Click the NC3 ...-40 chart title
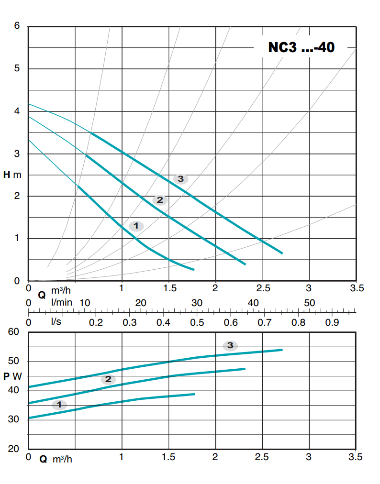(x=301, y=48)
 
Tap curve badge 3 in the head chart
(x=180, y=179)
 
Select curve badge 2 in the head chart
(x=160, y=200)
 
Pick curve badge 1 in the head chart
(x=136, y=226)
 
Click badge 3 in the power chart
(x=230, y=345)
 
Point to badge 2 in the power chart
(x=108, y=379)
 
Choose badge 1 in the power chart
(x=59, y=405)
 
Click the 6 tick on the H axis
(x=17, y=26)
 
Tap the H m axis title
(x=12, y=175)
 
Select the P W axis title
(x=12, y=376)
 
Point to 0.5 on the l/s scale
(x=197, y=322)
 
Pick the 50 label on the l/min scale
(x=310, y=303)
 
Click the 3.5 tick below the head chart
(x=357, y=288)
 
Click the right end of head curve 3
(x=282, y=253)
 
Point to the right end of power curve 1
(x=194, y=394)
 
